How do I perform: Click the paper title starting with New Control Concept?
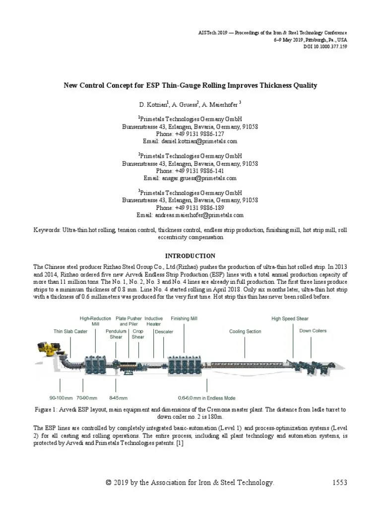190,85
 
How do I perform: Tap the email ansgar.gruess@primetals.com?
190,178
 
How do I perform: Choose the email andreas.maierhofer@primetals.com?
190,215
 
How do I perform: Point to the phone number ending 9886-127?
190,134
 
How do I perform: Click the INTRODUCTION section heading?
190,256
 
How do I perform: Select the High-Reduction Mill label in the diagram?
96,321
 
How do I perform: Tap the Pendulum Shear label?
116,334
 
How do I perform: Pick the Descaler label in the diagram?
164,331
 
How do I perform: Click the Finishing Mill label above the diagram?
184,318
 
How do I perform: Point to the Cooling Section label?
245,331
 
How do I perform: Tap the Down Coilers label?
313,331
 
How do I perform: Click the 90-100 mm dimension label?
61,398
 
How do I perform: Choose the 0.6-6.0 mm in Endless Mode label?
207,398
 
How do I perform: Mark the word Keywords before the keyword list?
47,230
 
